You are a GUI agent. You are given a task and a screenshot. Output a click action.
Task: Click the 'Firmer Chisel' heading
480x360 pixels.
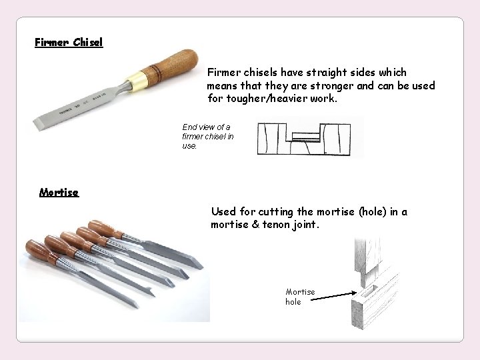pyautogui.click(x=69, y=42)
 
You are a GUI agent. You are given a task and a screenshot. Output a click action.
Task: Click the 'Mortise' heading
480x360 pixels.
pyautogui.click(x=59, y=192)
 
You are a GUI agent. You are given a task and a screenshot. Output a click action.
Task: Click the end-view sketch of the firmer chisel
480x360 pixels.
pyautogui.click(x=310, y=137)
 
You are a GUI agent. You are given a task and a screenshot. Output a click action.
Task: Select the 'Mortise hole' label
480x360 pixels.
pyautogui.click(x=299, y=297)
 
